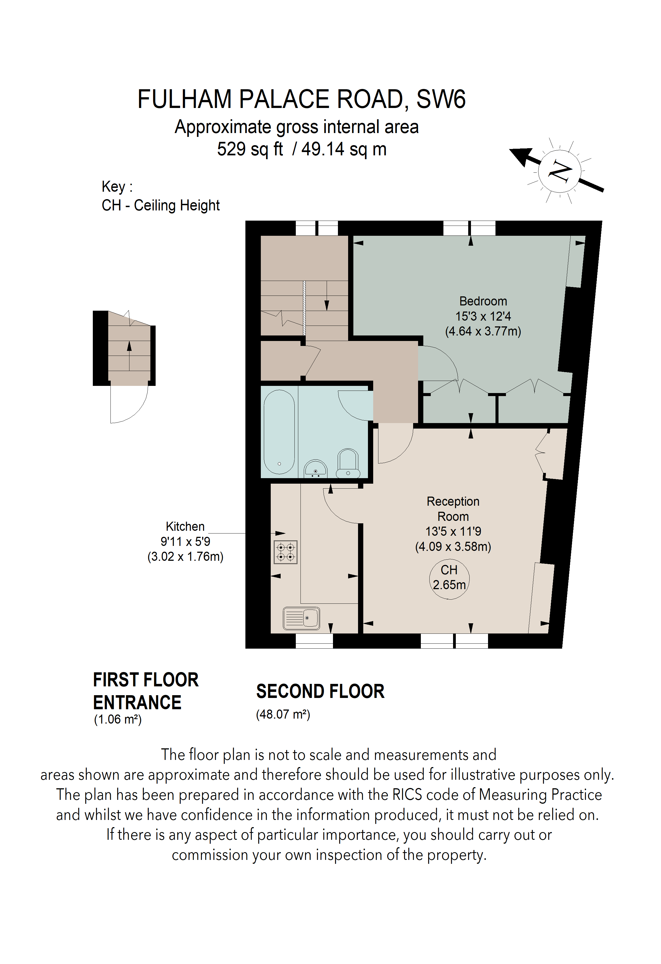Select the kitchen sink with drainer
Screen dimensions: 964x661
click(302, 618)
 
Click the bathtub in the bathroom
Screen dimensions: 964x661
click(279, 432)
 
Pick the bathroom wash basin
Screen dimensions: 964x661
click(316, 469)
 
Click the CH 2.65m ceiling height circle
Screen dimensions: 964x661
click(449, 579)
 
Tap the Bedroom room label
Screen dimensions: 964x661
click(483, 301)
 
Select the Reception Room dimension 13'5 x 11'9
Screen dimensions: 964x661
click(453, 531)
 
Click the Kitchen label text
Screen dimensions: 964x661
click(185, 526)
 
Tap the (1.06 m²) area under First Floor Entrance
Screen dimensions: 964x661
click(118, 719)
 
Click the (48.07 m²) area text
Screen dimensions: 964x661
click(283, 714)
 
